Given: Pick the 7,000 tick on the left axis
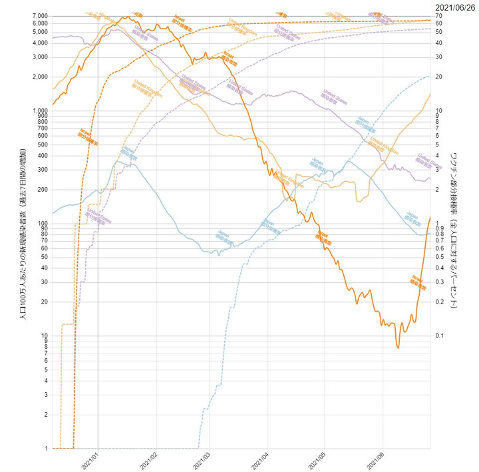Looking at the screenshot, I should [x=39, y=15].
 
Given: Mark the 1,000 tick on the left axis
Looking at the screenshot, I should [x=39, y=111].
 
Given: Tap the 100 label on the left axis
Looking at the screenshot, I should [x=43, y=224].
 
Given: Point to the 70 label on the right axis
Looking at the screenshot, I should [x=439, y=15].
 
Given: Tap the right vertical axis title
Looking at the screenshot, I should [x=454, y=230].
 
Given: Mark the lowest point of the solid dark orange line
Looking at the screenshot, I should [x=398, y=348].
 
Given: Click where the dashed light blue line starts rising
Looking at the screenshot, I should [x=199, y=446].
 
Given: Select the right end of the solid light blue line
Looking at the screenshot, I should [x=430, y=233].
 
